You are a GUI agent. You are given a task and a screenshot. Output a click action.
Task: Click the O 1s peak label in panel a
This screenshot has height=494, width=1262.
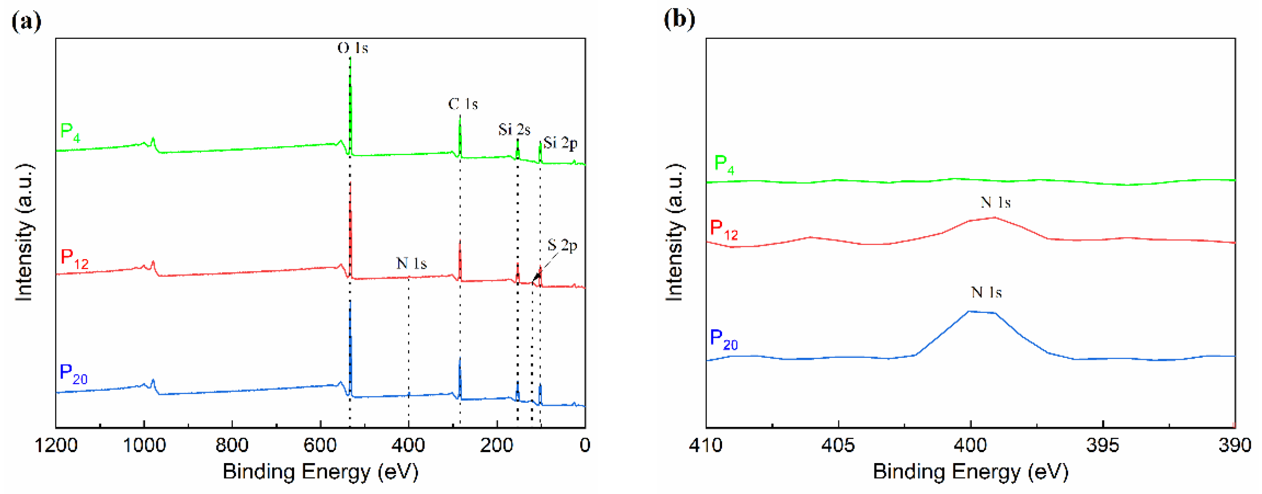tap(352, 48)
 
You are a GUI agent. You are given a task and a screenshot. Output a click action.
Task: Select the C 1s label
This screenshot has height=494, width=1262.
tap(463, 104)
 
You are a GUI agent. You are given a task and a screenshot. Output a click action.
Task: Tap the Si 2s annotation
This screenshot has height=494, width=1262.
tap(514, 130)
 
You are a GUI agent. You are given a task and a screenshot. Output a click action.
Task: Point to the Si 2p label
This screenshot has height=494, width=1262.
tap(560, 143)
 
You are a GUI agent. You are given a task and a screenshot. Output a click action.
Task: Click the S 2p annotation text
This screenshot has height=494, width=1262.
tap(562, 245)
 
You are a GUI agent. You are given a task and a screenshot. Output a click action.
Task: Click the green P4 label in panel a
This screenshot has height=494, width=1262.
tap(70, 132)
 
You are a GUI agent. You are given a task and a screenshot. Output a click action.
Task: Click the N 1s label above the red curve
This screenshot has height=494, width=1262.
tap(995, 202)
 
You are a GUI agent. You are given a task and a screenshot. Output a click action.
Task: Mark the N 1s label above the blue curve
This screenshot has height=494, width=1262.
tap(986, 292)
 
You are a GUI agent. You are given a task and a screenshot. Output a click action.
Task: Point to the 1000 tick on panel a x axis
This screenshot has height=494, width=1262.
tap(144, 445)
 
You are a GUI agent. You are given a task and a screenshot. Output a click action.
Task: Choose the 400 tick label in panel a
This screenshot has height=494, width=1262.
tap(408, 445)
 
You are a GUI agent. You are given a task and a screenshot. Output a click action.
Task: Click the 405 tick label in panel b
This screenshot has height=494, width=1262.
tap(838, 445)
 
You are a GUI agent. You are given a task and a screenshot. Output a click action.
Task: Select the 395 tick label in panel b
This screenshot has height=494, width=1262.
tap(1103, 445)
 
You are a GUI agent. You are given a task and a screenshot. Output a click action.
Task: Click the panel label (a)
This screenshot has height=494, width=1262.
tap(26, 21)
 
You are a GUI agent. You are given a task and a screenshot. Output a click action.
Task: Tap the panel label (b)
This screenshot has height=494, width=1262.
tap(679, 20)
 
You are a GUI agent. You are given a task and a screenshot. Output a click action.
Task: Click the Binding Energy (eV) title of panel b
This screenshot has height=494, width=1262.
tap(970, 472)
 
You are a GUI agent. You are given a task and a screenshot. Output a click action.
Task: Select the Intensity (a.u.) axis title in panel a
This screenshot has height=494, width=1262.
tap(24, 233)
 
